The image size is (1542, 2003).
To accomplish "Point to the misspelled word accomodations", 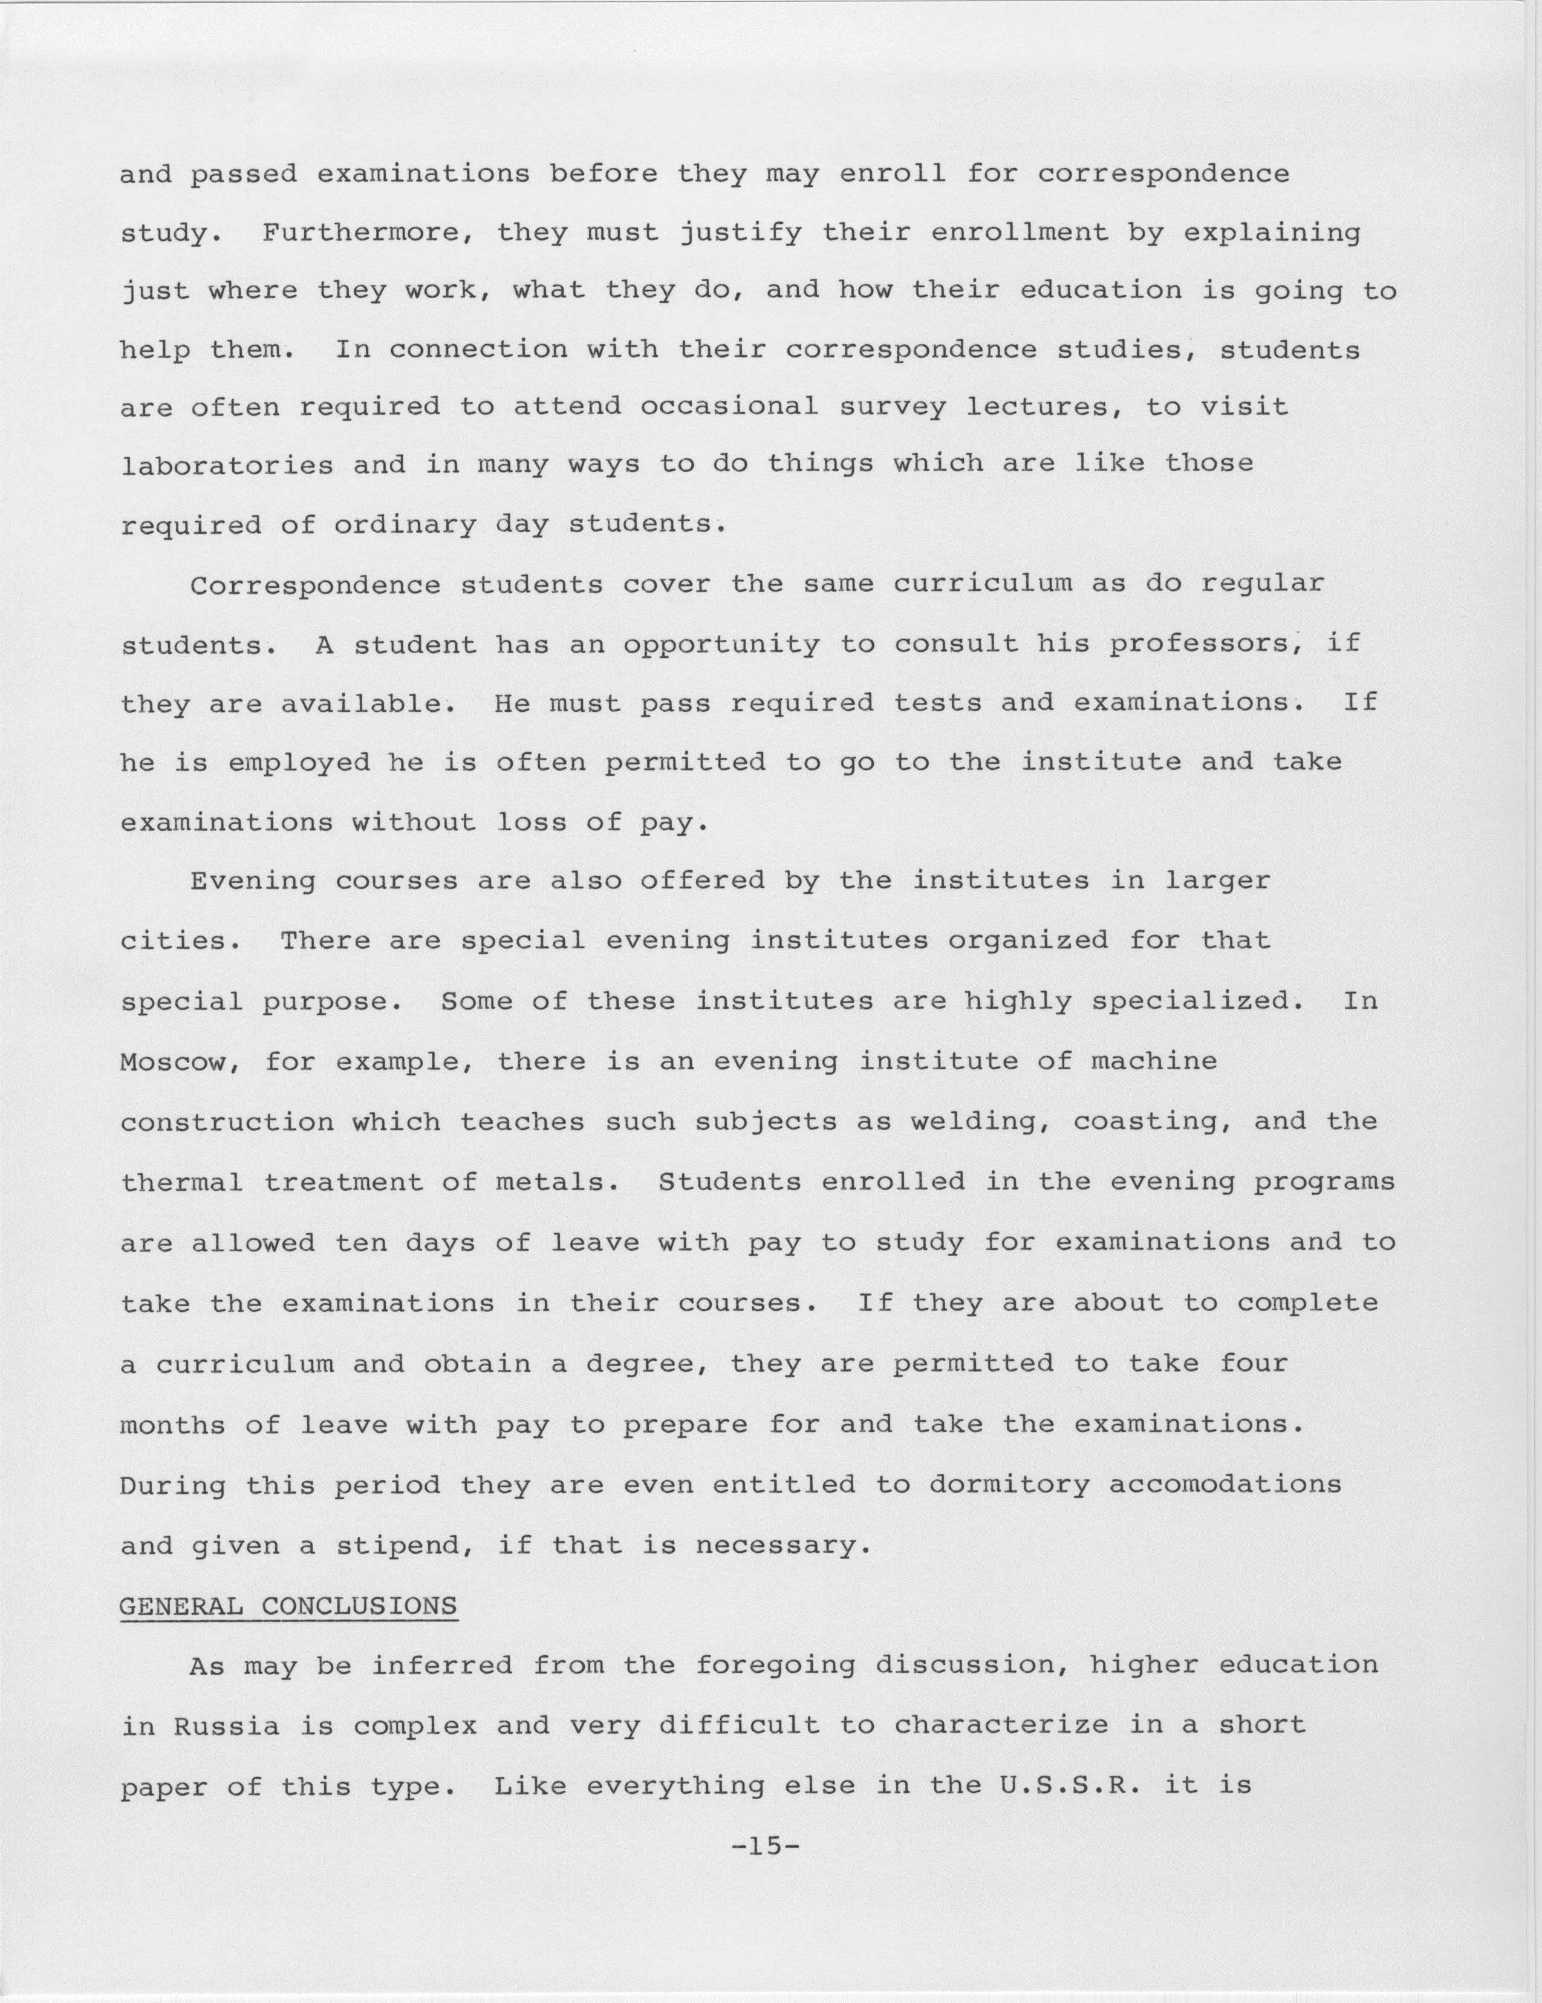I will [x=1225, y=1484].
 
